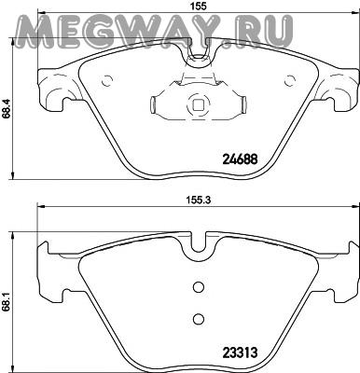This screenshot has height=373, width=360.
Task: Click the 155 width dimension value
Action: pyautogui.click(x=198, y=6)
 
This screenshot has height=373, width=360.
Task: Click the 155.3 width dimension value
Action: pyautogui.click(x=198, y=200)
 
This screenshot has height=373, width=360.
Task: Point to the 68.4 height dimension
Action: pyautogui.click(x=6, y=108)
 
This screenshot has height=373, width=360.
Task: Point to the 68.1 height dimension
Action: pyautogui.click(x=6, y=300)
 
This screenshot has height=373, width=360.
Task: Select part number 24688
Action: pyautogui.click(x=240, y=159)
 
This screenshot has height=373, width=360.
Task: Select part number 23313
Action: pyautogui.click(x=240, y=352)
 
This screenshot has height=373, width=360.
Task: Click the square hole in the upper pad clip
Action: pyautogui.click(x=198, y=105)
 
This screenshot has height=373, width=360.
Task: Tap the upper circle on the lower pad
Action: pyautogui.click(x=198, y=287)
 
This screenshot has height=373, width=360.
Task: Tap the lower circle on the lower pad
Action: pyautogui.click(x=198, y=319)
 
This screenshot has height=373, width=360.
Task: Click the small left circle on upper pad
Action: pyautogui.click(x=106, y=81)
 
